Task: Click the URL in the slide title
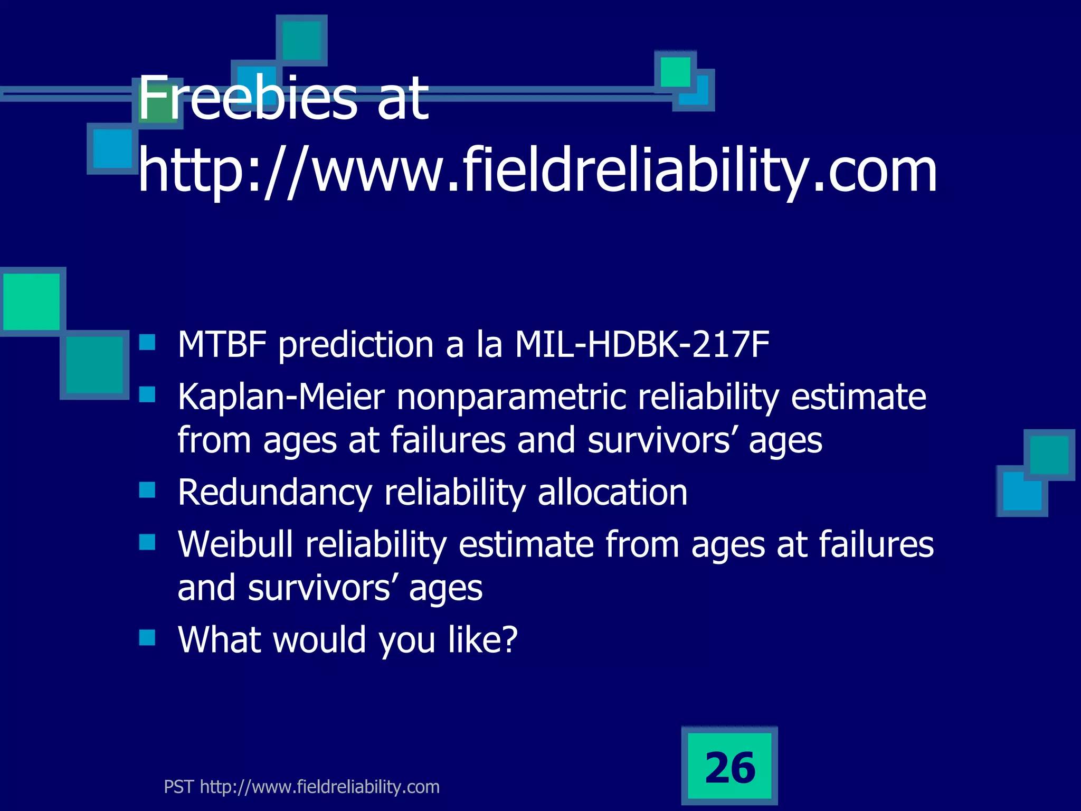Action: pyautogui.click(x=537, y=170)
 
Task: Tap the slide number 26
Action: pyautogui.click(x=730, y=767)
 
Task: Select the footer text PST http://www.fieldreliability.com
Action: pyautogui.click(x=301, y=787)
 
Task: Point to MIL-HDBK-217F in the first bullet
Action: pyautogui.click(x=642, y=344)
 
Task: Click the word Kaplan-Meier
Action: pyautogui.click(x=281, y=397)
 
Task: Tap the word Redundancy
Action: pyautogui.click(x=275, y=492)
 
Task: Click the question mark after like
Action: pyautogui.click(x=508, y=639)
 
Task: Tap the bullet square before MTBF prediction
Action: pyautogui.click(x=147, y=343)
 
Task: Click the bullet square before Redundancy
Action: pyautogui.click(x=147, y=491)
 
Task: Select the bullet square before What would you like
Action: pyautogui.click(x=147, y=638)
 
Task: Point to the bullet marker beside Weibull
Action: pyautogui.click(x=147, y=542)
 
